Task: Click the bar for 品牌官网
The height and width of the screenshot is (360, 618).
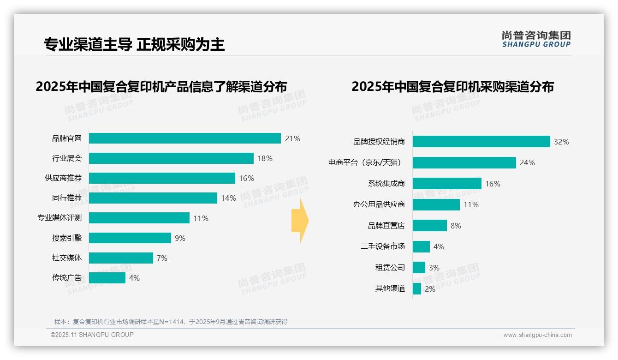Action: pos(184,138)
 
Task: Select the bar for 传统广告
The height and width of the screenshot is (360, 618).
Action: pos(107,278)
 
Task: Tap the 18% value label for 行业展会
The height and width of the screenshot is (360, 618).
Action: pos(265,158)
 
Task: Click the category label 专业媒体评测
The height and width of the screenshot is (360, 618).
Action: pos(59,218)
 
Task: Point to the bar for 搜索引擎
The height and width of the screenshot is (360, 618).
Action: pos(130,238)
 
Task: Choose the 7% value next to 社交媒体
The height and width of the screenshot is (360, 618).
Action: pos(162,258)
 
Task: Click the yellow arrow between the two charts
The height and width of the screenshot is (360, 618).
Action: pos(300,221)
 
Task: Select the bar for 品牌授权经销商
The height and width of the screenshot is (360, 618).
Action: pos(481,142)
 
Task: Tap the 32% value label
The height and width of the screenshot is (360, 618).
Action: pos(561,142)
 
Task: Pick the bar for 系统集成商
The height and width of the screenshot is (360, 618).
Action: pos(447,184)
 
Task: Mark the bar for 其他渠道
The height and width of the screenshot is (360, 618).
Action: pos(417,289)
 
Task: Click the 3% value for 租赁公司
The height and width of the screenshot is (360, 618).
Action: pos(434,268)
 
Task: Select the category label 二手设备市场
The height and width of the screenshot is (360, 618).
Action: pos(382,246)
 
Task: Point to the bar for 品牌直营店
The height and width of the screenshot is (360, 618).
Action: pos(430,226)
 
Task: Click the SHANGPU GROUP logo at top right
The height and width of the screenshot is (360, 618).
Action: pos(536,39)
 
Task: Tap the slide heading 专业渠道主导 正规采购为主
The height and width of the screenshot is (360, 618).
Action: pos(134,44)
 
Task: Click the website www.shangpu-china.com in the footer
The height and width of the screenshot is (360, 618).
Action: pos(537,335)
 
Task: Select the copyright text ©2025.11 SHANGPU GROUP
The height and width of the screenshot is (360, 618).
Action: pos(92,335)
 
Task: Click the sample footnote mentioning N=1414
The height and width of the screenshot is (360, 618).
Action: pos(171,322)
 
